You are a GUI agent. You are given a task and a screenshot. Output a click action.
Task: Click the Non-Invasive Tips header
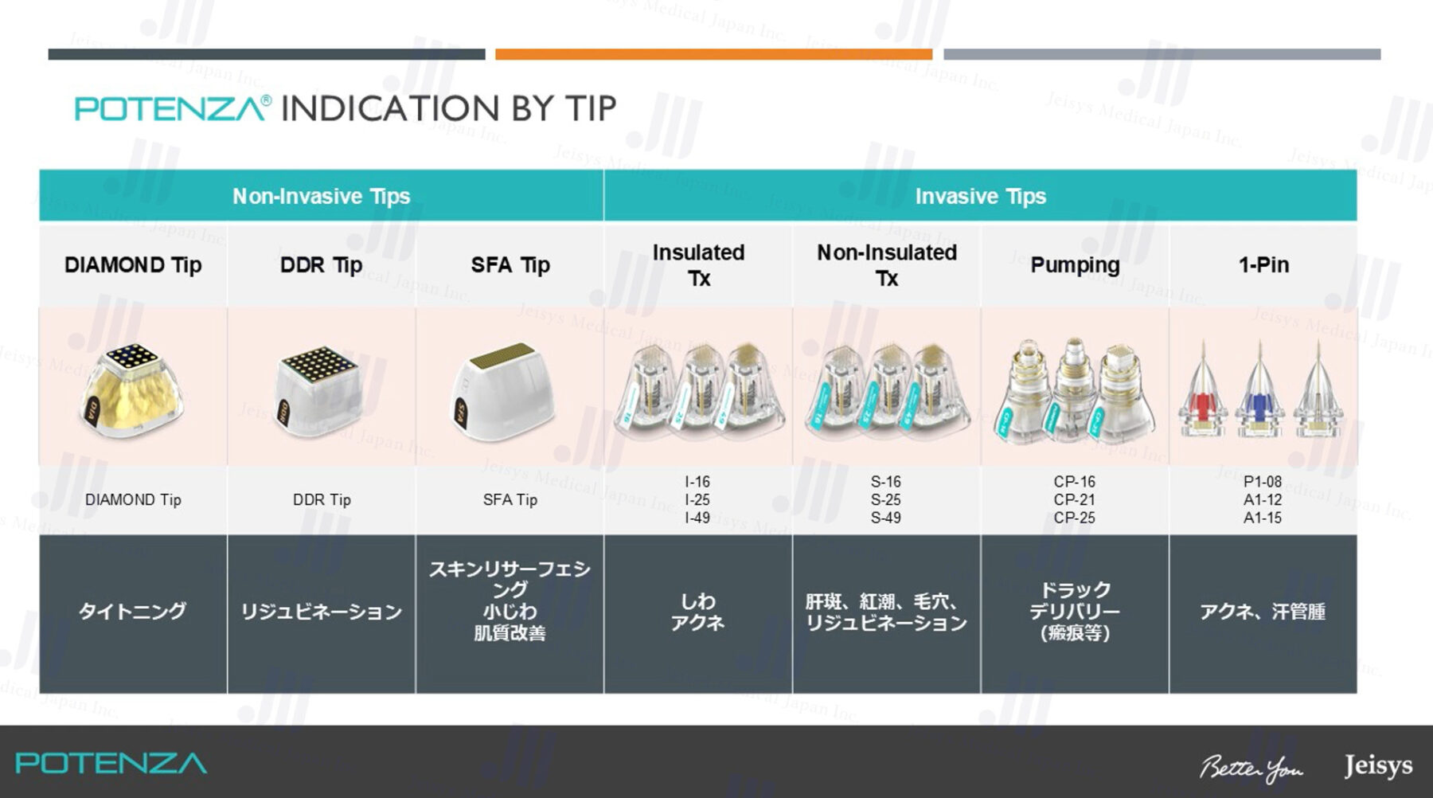click(321, 196)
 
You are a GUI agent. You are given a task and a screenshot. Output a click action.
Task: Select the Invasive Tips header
click(980, 196)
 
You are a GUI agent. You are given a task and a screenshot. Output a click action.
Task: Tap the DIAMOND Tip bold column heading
click(133, 265)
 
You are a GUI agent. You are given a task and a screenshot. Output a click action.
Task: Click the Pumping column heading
click(1075, 265)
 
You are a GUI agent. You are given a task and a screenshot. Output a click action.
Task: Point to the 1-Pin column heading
click(1263, 265)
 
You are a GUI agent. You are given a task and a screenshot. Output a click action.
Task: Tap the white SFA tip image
click(504, 391)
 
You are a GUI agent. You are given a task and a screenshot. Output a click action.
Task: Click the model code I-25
click(697, 500)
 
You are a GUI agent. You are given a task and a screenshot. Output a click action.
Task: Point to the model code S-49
click(886, 518)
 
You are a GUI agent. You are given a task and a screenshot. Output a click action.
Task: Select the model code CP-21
click(1075, 500)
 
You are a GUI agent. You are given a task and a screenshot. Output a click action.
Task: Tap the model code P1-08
click(1263, 482)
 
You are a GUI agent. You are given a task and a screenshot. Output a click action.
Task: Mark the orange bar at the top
click(713, 54)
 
